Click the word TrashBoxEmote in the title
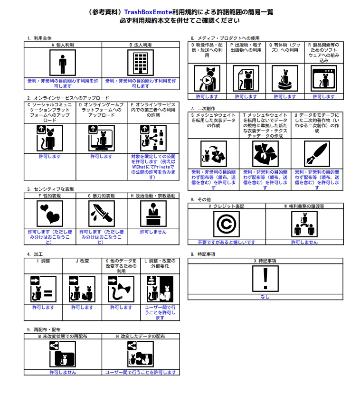(x=148, y=12)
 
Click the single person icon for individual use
(x=63, y=63)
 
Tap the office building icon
(x=141, y=63)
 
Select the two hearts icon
(x=50, y=214)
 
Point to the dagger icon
(x=102, y=214)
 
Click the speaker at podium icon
(x=153, y=214)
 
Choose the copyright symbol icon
(x=226, y=224)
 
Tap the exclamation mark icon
(x=265, y=279)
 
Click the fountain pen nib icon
(x=317, y=154)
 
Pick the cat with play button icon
(x=207, y=78)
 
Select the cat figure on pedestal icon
(x=285, y=78)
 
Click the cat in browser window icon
(x=324, y=78)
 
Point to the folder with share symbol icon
(x=63, y=354)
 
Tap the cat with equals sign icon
(x=43, y=289)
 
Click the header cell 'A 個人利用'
(x=63, y=45)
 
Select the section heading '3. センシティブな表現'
(x=50, y=189)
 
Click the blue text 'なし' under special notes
(x=265, y=297)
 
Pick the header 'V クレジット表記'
(x=227, y=206)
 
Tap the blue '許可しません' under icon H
(x=153, y=232)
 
